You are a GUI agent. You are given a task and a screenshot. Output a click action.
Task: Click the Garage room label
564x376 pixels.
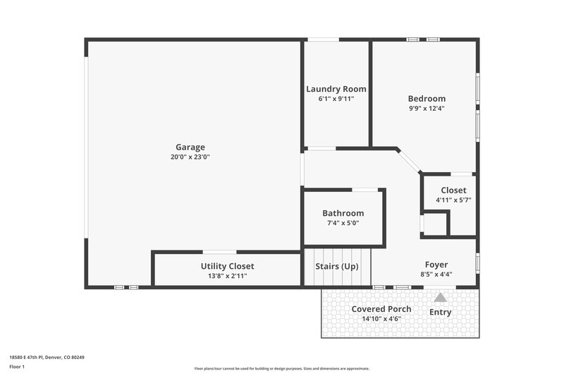pos(190,147)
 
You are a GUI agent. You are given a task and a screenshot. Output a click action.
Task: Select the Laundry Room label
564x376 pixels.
pos(336,89)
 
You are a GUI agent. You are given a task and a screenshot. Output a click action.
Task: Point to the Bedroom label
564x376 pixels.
pos(427,99)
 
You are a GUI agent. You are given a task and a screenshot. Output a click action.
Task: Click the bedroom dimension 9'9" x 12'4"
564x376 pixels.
pos(427,109)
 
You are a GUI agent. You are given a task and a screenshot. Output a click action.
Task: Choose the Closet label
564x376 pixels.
pos(453,190)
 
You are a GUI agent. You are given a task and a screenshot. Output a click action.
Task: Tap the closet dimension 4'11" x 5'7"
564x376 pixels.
pos(453,200)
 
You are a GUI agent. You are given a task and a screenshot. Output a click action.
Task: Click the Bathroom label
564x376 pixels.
pos(343,213)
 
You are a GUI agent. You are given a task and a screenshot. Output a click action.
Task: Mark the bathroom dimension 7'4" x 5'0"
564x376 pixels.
pos(343,223)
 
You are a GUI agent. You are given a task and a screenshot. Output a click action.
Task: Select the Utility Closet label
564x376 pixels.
pos(227,266)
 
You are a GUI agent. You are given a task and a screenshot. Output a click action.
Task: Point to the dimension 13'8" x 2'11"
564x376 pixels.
pos(227,276)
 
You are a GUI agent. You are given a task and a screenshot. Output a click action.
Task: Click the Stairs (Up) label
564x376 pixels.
pos(336,267)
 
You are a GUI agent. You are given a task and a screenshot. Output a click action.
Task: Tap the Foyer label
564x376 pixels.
pos(436,265)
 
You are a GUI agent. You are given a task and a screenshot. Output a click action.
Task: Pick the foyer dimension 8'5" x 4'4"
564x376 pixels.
pos(436,274)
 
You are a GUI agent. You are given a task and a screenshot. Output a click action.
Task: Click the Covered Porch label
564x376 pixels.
pos(381,309)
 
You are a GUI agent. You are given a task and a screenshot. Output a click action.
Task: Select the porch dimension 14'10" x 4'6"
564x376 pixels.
pos(381,319)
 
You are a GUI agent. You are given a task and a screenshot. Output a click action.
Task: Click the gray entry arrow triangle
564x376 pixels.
pos(441,298)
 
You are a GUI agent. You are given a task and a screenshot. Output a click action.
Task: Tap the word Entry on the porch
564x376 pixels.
pos(441,312)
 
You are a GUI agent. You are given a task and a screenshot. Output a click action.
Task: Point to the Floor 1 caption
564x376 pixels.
pos(17,368)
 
